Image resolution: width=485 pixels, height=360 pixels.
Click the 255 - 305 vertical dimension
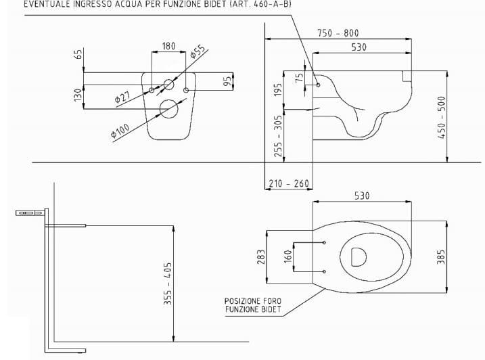(x=277, y=135)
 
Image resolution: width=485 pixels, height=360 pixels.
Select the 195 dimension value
(x=277, y=90)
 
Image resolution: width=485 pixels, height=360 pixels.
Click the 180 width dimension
(x=168, y=46)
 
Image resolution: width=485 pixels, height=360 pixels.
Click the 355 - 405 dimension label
(x=168, y=284)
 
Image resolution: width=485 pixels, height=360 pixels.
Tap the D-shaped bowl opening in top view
(x=358, y=256)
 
